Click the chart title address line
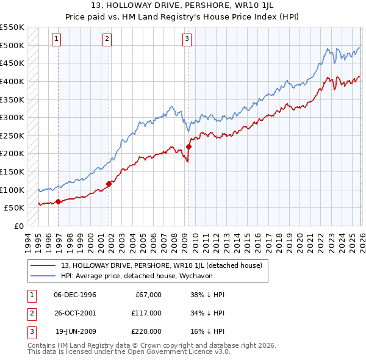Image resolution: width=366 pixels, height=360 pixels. click(182, 6)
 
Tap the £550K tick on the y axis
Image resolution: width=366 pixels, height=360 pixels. click(12, 27)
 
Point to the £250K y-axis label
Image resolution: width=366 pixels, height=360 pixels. click(12, 135)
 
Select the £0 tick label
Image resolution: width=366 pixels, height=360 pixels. click(19, 226)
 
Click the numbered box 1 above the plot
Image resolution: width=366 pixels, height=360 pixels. click(56, 39)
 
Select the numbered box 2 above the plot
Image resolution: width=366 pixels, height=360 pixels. click(107, 39)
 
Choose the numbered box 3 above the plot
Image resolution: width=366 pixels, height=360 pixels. click(186, 39)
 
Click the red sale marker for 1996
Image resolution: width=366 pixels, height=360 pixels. click(58, 201)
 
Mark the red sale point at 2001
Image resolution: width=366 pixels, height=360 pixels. click(109, 184)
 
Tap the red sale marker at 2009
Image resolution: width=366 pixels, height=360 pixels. click(189, 146)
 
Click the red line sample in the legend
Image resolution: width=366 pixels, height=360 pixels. click(44, 265)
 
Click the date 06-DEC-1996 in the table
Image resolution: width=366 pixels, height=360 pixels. click(74, 295)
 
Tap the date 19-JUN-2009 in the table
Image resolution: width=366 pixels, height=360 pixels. click(75, 331)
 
